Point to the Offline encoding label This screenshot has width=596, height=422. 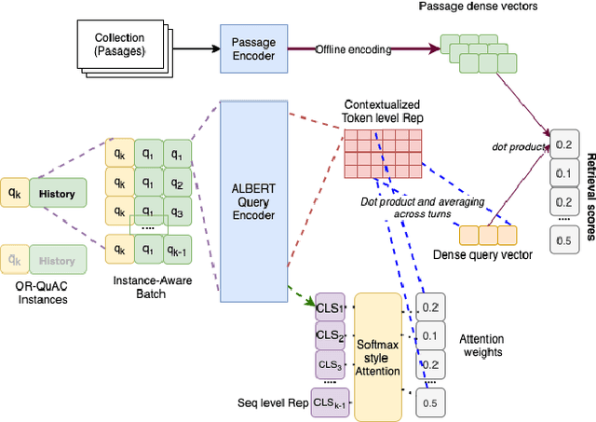(x=354, y=48)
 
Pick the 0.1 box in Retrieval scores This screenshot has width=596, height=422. (x=564, y=172)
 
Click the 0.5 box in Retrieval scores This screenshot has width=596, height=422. (x=564, y=241)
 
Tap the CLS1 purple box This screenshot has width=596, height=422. (x=330, y=307)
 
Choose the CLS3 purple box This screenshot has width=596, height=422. (x=330, y=363)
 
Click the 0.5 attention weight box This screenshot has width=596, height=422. (x=430, y=402)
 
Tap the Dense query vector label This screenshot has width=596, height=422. (x=483, y=254)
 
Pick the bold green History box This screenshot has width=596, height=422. (x=58, y=194)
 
